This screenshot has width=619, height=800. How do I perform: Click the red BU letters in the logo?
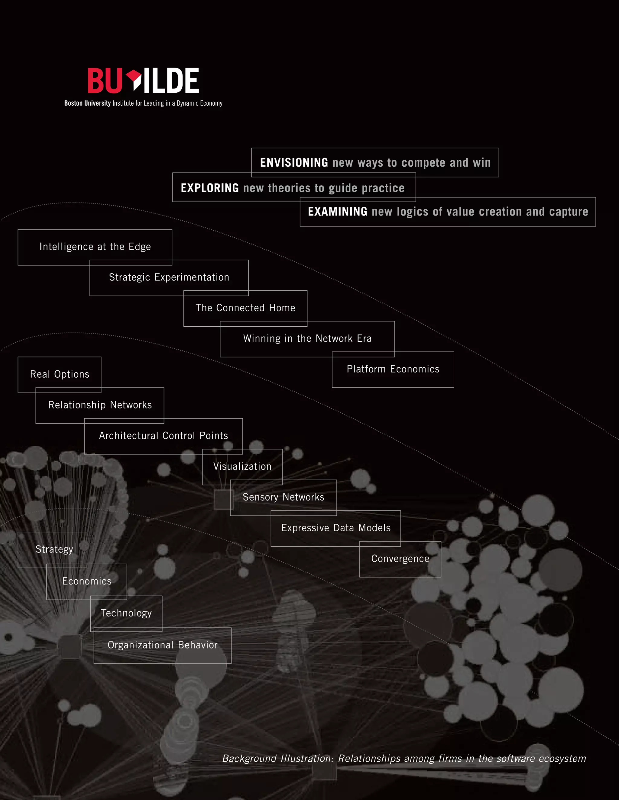click(105, 81)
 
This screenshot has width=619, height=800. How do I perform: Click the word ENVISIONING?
click(294, 163)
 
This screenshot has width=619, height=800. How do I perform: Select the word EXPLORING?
click(209, 188)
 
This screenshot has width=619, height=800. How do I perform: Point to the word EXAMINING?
click(337, 212)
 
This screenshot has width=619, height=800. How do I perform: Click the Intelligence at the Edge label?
click(95, 247)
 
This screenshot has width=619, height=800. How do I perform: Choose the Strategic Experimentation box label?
click(169, 277)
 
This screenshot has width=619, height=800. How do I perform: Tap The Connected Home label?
click(245, 308)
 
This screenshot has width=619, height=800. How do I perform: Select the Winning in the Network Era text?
click(307, 338)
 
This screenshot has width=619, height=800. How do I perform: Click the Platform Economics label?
click(393, 369)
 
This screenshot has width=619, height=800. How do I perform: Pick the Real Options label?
click(60, 374)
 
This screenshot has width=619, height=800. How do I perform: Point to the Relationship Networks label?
click(100, 405)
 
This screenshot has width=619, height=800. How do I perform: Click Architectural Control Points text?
click(163, 436)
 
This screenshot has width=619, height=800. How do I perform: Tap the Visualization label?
click(242, 466)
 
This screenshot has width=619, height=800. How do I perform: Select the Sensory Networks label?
click(284, 497)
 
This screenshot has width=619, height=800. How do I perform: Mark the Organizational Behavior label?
click(162, 645)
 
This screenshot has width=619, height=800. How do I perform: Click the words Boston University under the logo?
click(87, 103)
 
